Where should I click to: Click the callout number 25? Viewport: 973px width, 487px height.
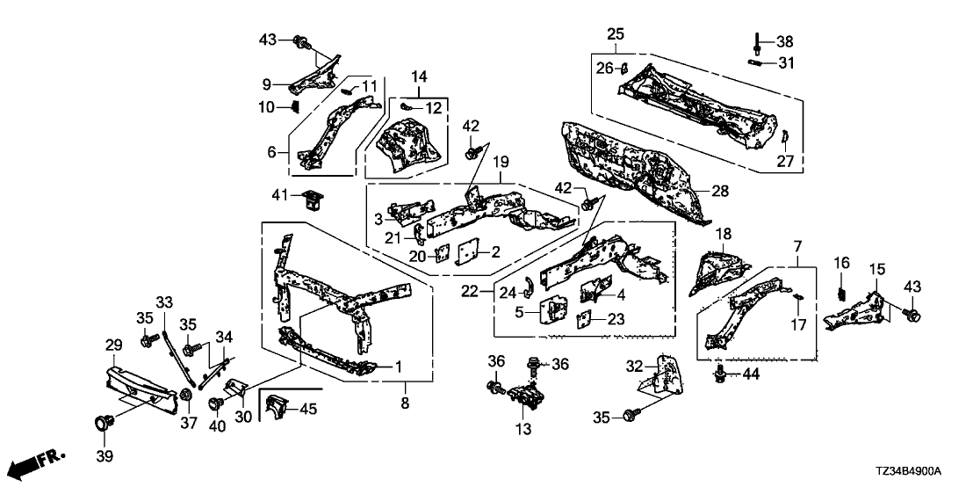pyautogui.click(x=616, y=34)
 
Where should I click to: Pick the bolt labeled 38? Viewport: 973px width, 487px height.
pyautogui.click(x=756, y=40)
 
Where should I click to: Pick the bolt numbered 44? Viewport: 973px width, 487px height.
pyautogui.click(x=720, y=374)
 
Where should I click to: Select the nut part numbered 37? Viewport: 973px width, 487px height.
pyautogui.click(x=186, y=400)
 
